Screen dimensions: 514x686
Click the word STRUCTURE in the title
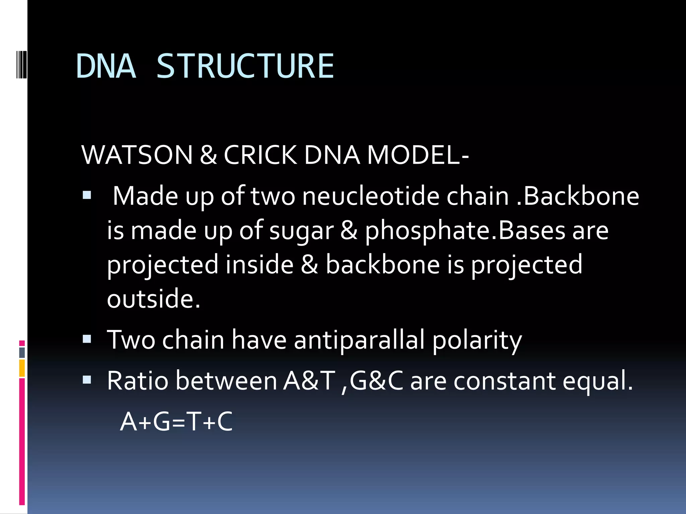click(x=245, y=66)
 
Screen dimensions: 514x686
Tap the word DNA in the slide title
click(x=106, y=66)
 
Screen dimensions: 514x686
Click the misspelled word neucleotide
click(x=370, y=196)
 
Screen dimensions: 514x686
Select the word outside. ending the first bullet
click(x=153, y=298)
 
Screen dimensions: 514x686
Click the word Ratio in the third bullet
click(x=137, y=381)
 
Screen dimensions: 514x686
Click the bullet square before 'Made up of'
click(x=87, y=195)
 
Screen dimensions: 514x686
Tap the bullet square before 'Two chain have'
click(x=87, y=339)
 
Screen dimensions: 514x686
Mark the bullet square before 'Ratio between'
click(x=87, y=380)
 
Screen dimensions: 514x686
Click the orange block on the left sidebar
click(x=22, y=368)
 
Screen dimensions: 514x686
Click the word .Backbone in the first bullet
click(x=578, y=196)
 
